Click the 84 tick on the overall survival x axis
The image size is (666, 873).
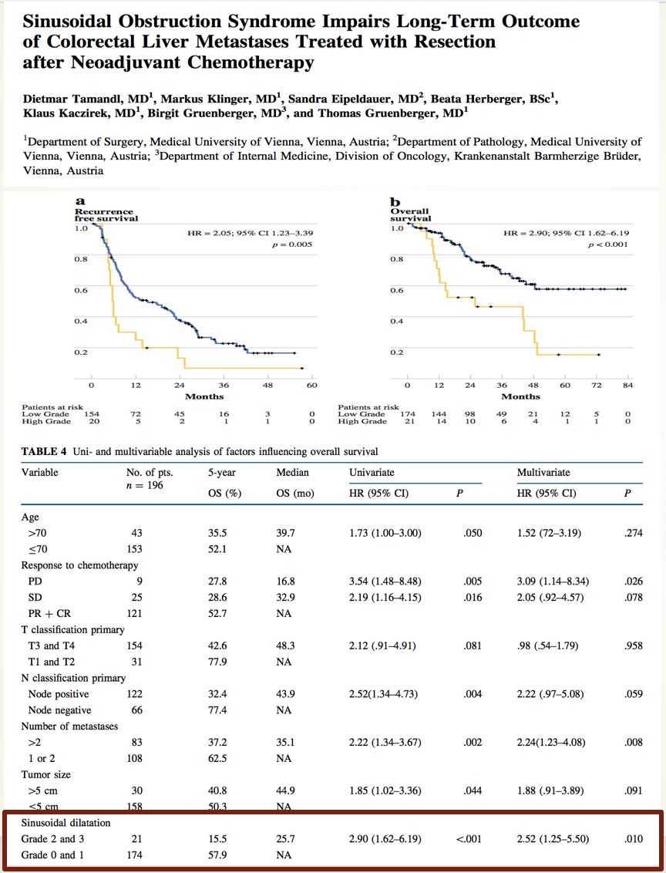pos(627,385)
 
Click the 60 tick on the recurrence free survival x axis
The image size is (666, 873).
pos(312,385)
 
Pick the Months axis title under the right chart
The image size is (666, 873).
pos(520,396)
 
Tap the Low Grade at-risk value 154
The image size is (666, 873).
pos(91,414)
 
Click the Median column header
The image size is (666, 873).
pos(292,472)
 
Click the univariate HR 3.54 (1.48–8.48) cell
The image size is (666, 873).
pos(385,581)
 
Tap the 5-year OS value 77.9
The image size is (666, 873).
pos(220,662)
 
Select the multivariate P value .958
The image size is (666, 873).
pos(633,645)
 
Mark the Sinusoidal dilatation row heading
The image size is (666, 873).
pos(66,823)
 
